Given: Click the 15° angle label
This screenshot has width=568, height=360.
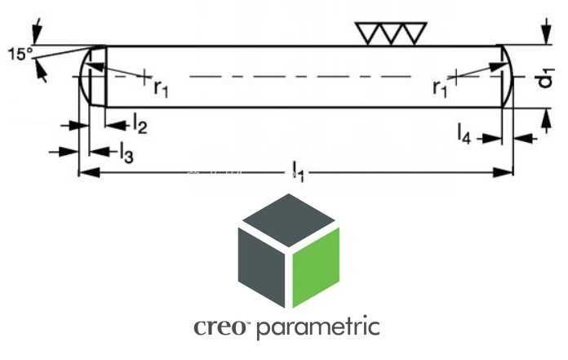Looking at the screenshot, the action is pos(20,54).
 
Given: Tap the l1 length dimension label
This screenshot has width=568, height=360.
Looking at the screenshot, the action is pos(298,171).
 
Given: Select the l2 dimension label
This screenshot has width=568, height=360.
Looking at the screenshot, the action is pos(140,124).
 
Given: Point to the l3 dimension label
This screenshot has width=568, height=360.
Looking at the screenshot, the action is pos(126,152).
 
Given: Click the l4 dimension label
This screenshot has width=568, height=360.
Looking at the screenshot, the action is pos(464,134).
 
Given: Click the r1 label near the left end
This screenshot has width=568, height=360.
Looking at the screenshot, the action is pos(161,87).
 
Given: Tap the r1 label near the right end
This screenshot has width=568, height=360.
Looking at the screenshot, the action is pos(440,87).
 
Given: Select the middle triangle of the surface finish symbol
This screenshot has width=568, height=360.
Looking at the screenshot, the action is pos(391,33).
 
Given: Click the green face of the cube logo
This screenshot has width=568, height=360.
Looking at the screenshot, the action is pos(316,267).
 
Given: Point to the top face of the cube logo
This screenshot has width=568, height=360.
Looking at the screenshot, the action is pos(288,220).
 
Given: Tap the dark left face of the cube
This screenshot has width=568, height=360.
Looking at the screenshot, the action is pos(261,267).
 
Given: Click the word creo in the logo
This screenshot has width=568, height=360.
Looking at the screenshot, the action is pos(220,327).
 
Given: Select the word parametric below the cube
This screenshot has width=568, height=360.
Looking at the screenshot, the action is pos(318,328).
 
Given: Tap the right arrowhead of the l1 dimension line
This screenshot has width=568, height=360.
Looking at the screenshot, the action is pos(504,172).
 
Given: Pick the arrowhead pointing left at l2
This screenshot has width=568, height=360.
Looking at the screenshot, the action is pos(115,126).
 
